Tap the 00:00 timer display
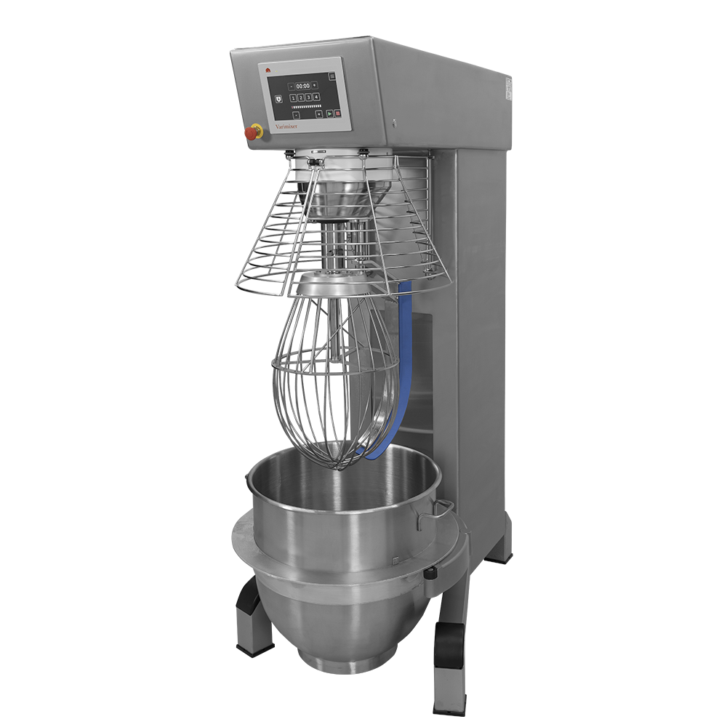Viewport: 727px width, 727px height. click(x=302, y=86)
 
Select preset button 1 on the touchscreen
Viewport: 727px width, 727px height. click(x=294, y=97)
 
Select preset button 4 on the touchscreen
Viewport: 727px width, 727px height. click(x=317, y=97)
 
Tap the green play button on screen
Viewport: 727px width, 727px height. click(x=329, y=113)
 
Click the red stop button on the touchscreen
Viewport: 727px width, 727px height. click(x=337, y=113)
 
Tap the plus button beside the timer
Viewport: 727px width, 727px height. click(x=315, y=85)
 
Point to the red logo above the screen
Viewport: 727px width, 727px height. click(x=268, y=71)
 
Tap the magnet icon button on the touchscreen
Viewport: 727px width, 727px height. click(x=278, y=98)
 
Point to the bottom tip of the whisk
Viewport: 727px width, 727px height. click(x=336, y=465)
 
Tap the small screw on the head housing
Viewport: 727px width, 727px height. click(x=393, y=121)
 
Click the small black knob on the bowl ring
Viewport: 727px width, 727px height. click(x=432, y=574)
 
